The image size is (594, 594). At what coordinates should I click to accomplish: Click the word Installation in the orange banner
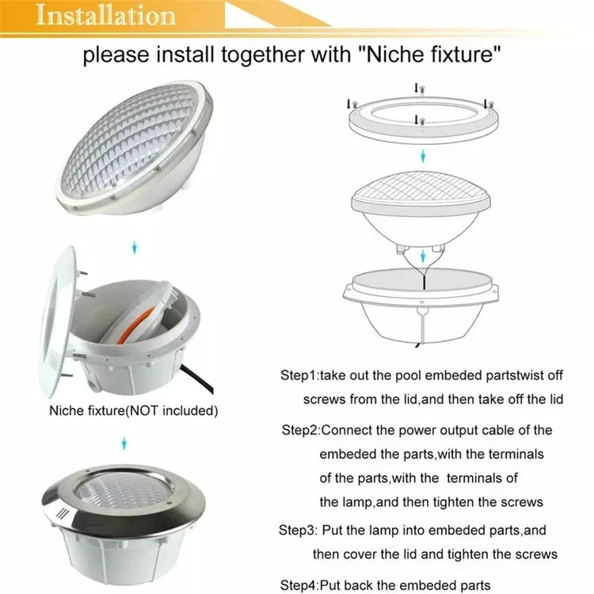point(105,15)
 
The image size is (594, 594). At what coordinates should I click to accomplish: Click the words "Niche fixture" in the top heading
point(430,54)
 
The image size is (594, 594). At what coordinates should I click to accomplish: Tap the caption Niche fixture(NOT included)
point(133,410)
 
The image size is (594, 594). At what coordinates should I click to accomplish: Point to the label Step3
point(297,530)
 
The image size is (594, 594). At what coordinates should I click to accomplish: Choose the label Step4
point(298,585)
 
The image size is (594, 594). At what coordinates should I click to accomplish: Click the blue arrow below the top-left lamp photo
point(134,248)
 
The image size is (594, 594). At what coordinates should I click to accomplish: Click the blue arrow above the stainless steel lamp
point(124,444)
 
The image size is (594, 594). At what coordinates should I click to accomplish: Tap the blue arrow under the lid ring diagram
point(423,156)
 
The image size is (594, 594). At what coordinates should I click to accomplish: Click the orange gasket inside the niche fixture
point(135,325)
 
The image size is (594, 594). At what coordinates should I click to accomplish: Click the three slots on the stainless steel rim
point(61,514)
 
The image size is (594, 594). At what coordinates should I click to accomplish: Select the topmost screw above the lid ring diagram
point(422,90)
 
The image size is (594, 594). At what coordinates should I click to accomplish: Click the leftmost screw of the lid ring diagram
point(355,105)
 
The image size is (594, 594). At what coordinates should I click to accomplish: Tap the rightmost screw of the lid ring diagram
point(491,104)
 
